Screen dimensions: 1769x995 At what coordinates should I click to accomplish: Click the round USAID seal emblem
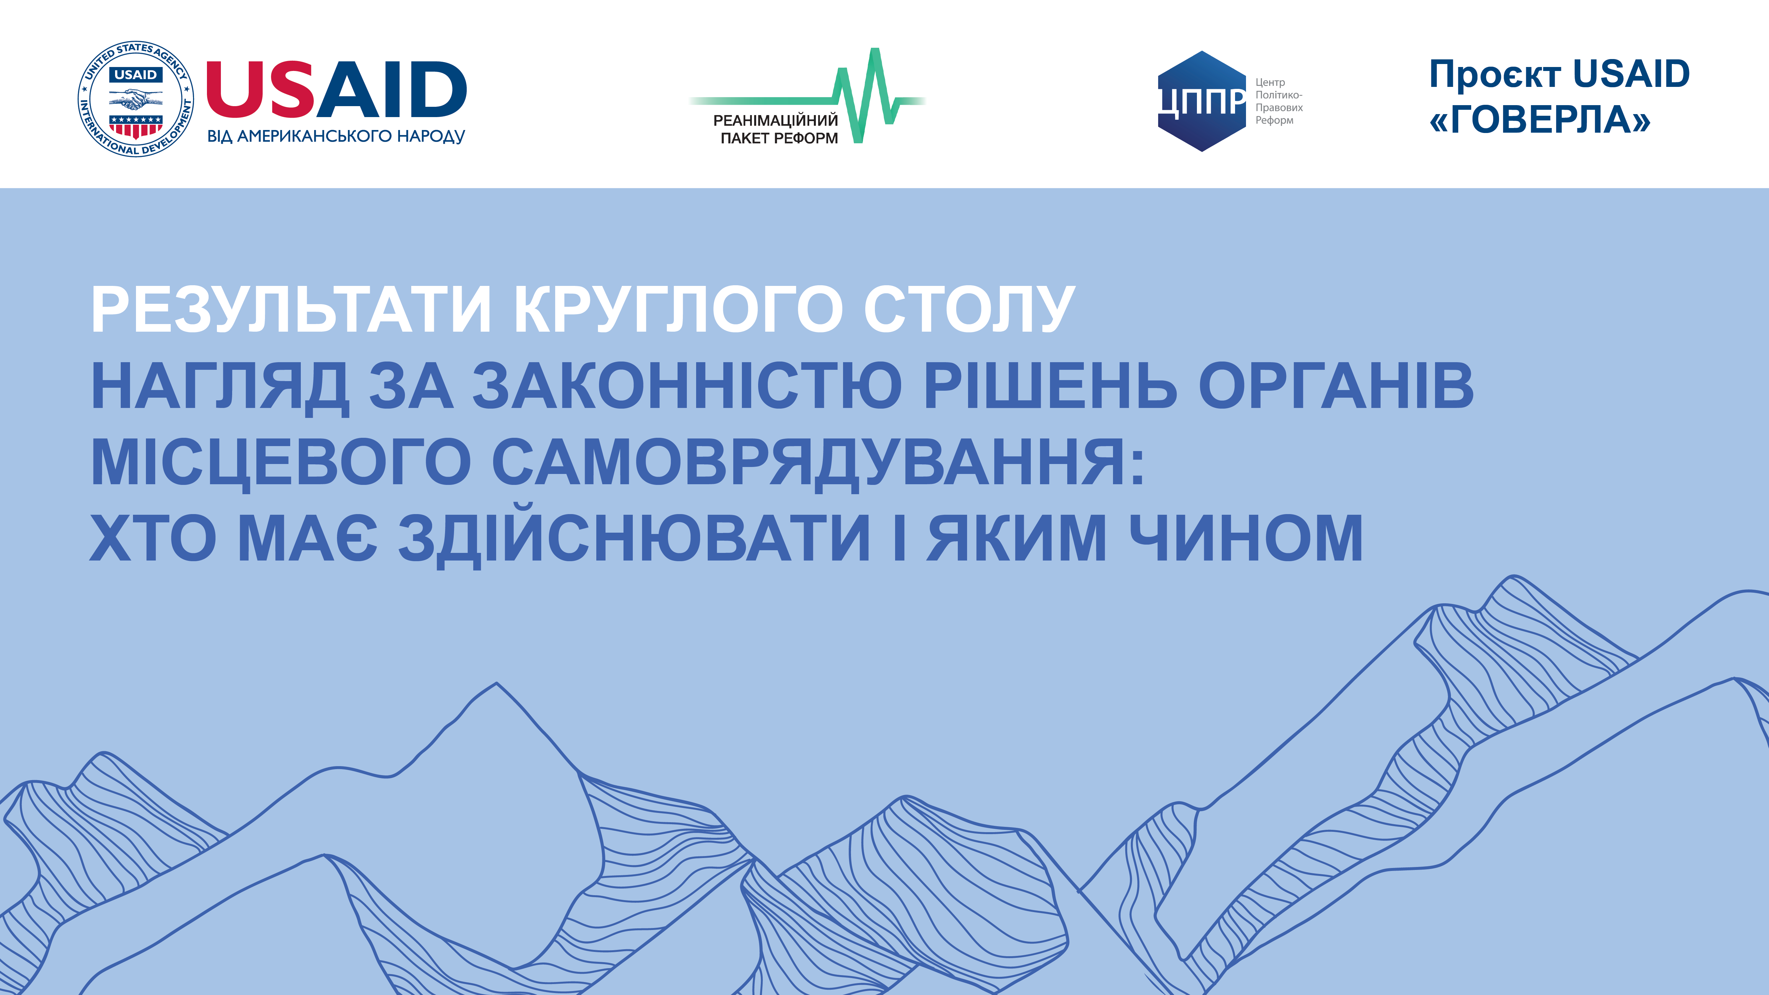click(x=135, y=98)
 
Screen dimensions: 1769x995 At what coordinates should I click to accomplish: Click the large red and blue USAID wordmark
click(x=337, y=89)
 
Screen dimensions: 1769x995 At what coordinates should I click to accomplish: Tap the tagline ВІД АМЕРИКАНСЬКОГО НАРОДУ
click(x=337, y=136)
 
